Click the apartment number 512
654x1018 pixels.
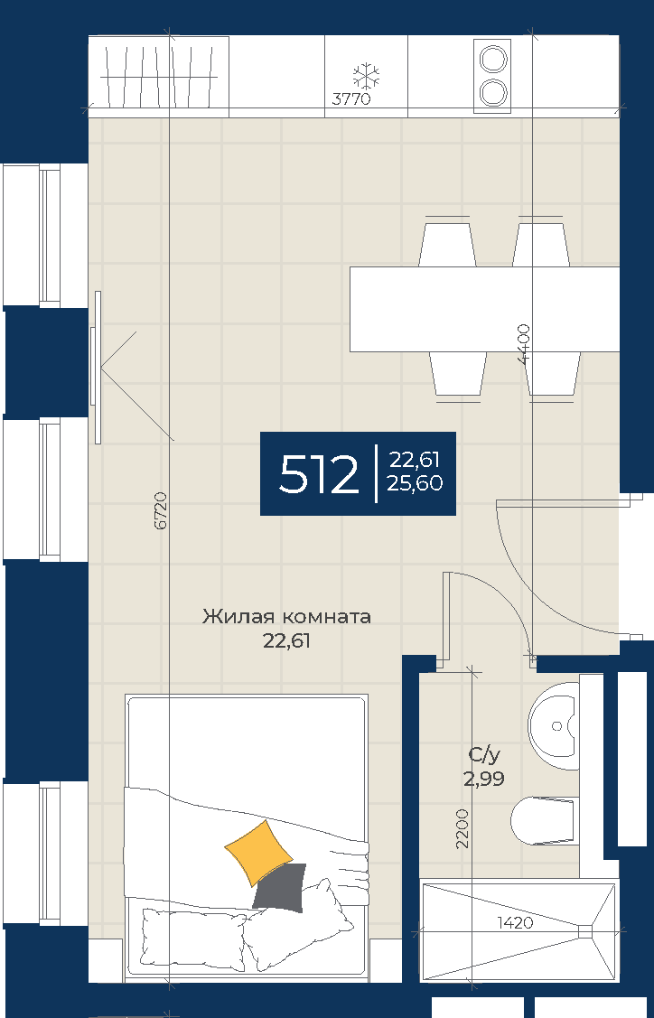[318, 474]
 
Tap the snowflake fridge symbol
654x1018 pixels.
[366, 77]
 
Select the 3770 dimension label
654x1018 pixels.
[351, 99]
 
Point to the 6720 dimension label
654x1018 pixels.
[161, 510]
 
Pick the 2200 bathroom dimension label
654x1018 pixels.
[462, 828]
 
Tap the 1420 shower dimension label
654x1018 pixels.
[515, 922]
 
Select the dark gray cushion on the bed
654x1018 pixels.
[279, 888]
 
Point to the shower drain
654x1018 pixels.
[585, 931]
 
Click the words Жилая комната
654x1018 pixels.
[286, 616]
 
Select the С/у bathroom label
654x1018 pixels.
[484, 755]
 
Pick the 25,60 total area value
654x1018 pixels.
[415, 483]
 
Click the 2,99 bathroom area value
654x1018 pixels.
[484, 779]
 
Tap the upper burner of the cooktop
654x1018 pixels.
[491, 60]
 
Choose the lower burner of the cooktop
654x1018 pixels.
[491, 91]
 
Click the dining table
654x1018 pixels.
[484, 309]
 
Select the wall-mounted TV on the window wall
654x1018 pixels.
[98, 368]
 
